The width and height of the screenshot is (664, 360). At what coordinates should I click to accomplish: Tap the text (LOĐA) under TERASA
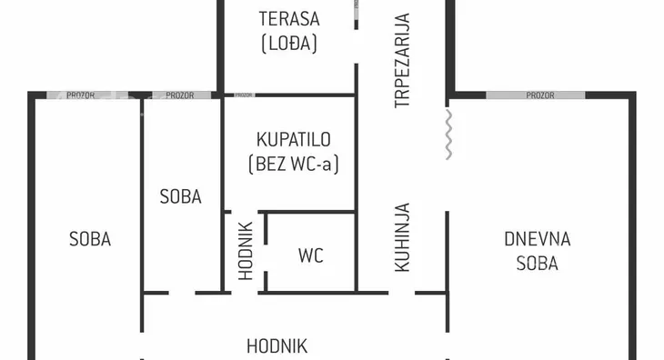coord(289,43)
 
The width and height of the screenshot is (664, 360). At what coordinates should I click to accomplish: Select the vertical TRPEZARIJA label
coord(402,60)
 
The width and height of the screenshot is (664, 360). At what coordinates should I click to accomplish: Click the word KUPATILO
coord(293,140)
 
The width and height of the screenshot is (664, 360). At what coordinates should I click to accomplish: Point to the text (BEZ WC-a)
coord(293,165)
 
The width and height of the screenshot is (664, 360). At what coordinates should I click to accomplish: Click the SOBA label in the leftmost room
coord(90,239)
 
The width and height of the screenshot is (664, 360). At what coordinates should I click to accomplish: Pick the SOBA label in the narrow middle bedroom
coord(180,195)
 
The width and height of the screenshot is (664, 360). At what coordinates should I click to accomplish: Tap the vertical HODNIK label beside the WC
coord(245,252)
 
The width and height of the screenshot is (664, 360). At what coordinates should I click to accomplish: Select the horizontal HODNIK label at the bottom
coord(277,346)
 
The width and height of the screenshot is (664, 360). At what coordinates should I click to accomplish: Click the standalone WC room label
coord(311,255)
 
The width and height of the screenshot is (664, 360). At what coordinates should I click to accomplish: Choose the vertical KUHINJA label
coord(402,237)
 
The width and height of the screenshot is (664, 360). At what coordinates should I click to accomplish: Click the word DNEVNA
coord(537,239)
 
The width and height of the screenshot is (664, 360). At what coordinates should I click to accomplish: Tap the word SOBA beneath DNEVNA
coord(537,264)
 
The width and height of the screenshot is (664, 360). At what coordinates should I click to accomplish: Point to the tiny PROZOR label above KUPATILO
coord(244,95)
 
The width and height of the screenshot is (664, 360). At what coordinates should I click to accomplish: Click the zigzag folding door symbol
coord(448,135)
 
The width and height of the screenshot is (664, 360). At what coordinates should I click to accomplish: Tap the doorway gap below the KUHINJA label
coord(401,293)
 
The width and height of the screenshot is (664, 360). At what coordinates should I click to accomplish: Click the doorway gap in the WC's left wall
coord(265,260)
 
